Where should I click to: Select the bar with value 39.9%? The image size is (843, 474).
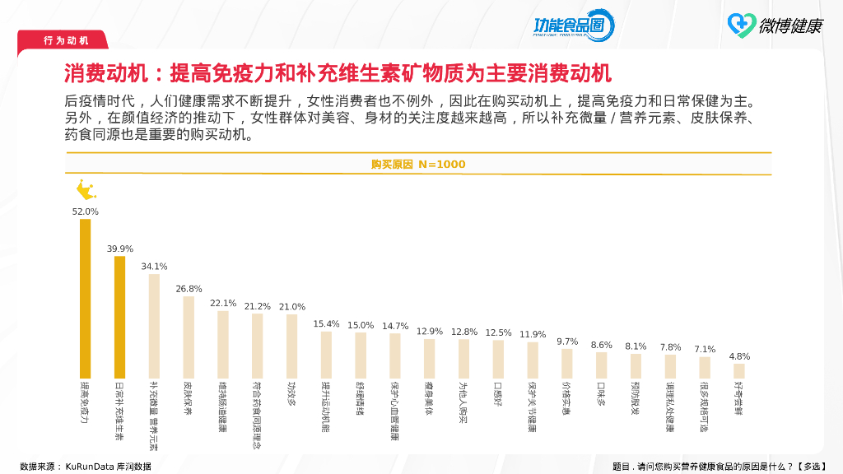point(119,317)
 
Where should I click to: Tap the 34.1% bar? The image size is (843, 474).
point(154,326)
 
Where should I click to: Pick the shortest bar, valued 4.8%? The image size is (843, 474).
point(739,370)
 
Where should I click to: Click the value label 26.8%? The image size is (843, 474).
point(189,289)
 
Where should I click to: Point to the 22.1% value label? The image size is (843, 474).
point(223,303)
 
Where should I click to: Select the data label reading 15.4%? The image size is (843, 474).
point(326,324)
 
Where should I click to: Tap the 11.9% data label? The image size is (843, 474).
point(533,334)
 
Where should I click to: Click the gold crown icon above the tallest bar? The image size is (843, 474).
point(86,191)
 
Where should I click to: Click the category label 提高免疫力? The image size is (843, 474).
point(85,402)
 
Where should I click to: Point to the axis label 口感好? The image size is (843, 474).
point(498,393)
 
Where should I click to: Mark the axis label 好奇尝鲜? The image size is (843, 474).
point(739,397)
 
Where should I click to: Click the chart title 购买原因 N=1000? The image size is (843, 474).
point(418,165)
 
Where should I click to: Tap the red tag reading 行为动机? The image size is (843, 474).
point(66,40)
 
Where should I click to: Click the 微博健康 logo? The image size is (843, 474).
point(775,25)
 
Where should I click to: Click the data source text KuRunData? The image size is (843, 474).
point(86,467)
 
